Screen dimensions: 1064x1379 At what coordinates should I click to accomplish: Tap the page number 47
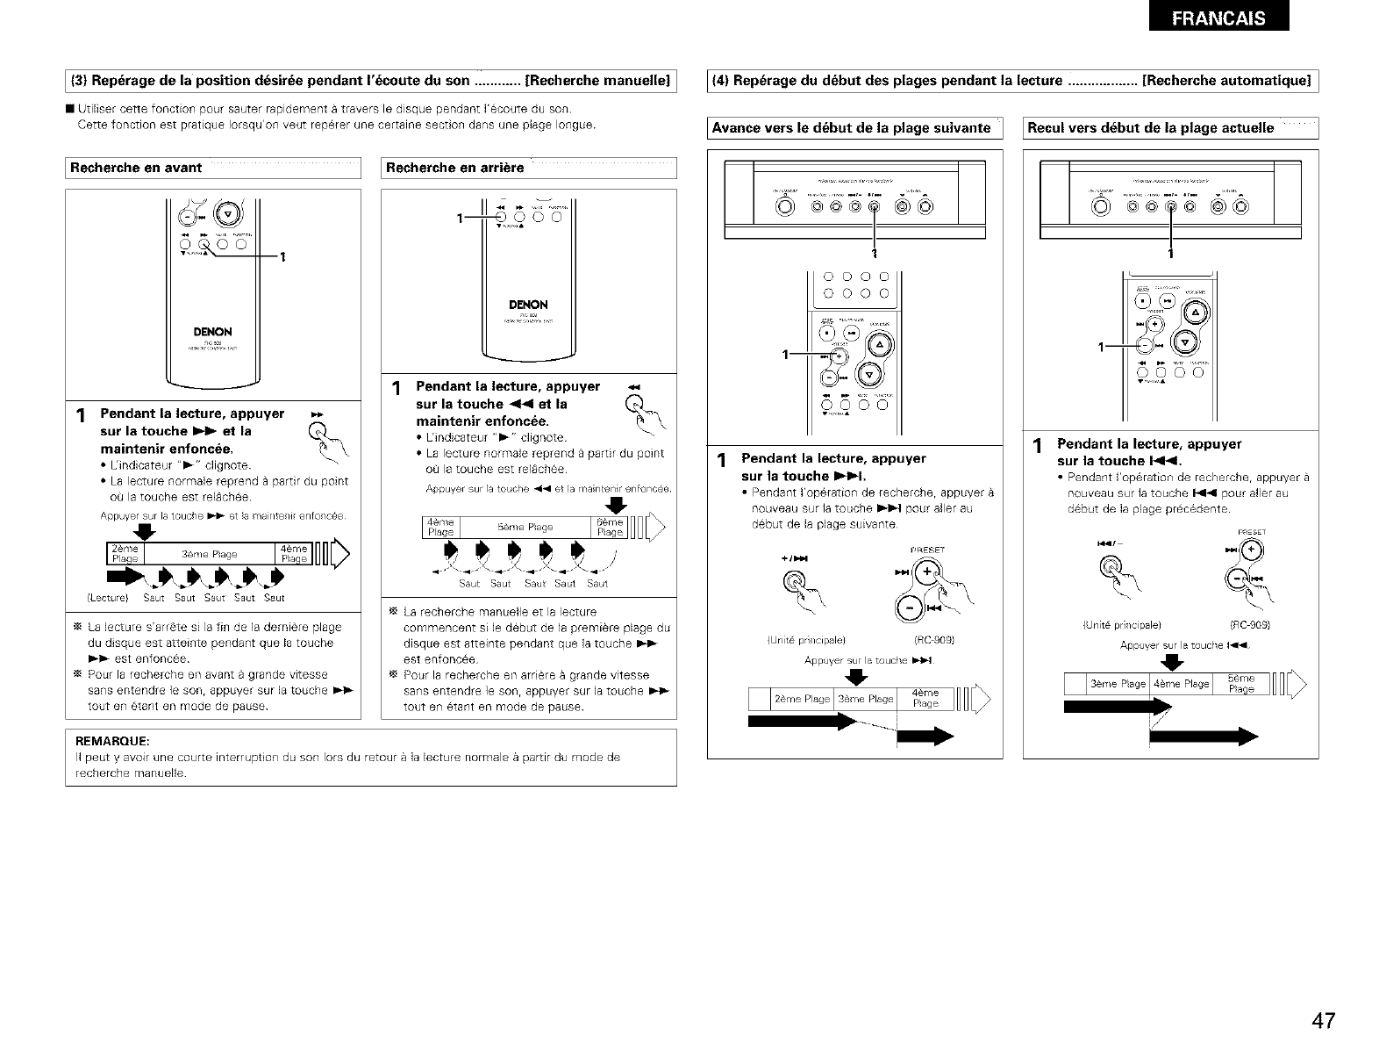point(1324,1020)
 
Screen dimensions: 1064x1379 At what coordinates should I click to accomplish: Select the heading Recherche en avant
point(136,168)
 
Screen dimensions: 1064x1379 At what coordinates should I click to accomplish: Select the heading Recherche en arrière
point(454,168)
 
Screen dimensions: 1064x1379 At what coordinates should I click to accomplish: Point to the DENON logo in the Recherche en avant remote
point(213,332)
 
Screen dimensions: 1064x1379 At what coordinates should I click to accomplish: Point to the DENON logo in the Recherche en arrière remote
point(528,305)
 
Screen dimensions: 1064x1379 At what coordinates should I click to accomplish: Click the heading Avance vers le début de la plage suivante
point(851,128)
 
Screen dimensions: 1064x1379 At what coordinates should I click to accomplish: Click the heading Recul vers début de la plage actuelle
point(1150,128)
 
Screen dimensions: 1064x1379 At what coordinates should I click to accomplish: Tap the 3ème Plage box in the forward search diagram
point(210,554)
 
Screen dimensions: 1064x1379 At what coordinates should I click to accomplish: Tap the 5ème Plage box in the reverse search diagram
point(525,528)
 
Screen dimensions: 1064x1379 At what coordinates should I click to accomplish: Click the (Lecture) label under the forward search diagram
point(108,598)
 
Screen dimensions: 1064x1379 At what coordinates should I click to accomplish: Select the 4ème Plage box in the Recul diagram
point(1180,684)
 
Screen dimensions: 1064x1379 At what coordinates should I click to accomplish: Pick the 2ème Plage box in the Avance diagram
point(802,699)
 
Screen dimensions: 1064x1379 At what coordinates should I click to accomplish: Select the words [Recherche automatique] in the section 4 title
point(1226,81)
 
